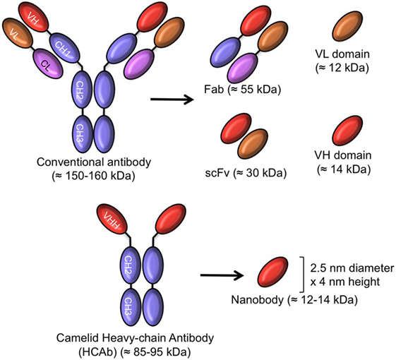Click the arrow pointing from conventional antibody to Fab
point(172,99)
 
